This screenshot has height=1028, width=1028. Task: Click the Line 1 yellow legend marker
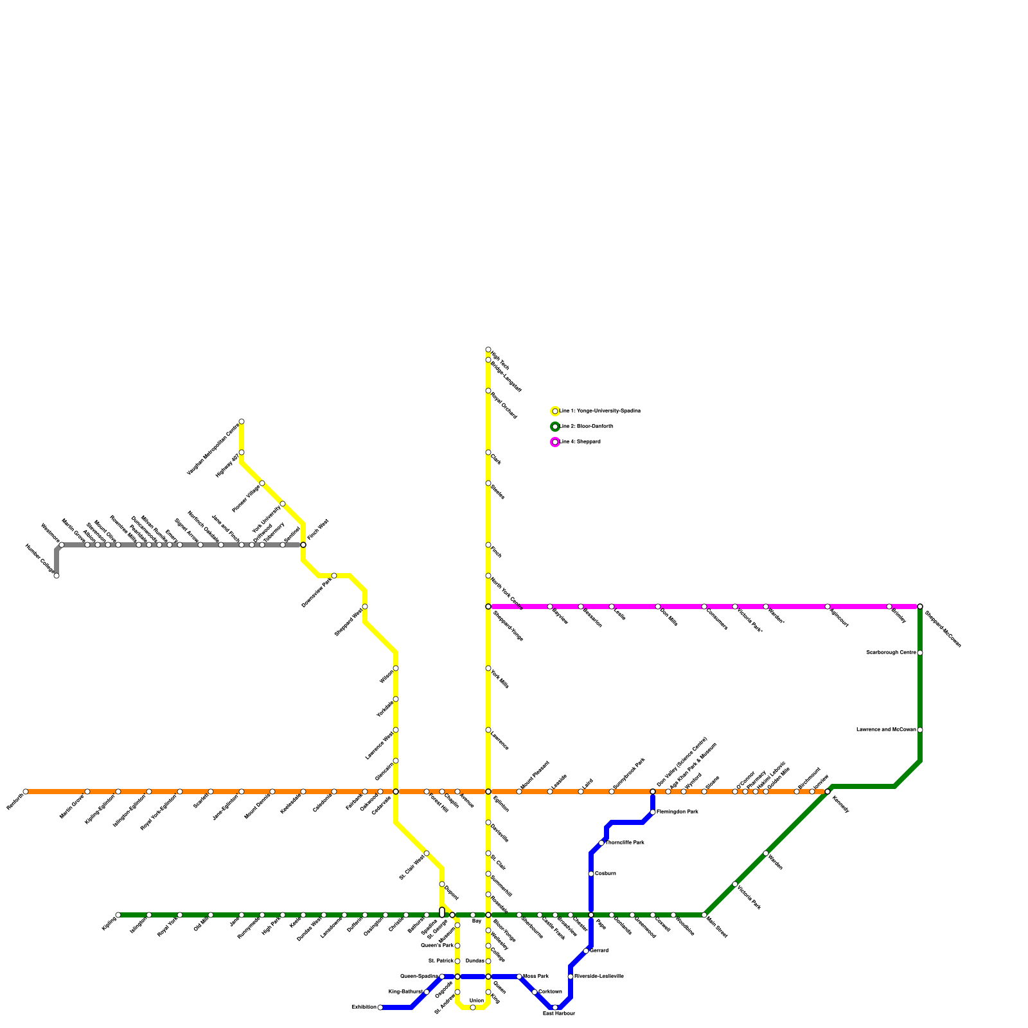coord(555,411)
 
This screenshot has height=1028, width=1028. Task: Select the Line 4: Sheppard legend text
coord(580,442)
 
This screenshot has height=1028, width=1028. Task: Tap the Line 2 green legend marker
coord(555,427)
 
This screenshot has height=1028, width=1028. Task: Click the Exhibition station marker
coord(380,1007)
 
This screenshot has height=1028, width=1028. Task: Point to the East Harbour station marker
coord(555,1007)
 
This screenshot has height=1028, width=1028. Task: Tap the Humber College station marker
coord(57,576)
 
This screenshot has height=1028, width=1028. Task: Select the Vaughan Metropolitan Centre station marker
coord(242,421)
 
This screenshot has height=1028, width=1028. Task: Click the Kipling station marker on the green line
coord(118,915)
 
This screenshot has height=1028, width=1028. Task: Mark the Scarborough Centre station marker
coord(920,653)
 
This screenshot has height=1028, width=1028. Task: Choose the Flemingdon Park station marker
coord(653,812)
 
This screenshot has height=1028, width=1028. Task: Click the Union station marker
coord(473,1007)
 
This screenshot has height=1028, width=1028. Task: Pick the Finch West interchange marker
coord(303,545)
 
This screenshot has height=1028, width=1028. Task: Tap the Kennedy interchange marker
coord(828,792)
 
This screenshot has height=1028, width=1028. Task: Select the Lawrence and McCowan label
coord(886,730)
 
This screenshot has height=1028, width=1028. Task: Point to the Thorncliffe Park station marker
coord(601,843)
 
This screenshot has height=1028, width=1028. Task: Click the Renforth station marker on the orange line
coord(26,792)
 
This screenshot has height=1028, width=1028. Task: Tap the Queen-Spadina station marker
coord(442,977)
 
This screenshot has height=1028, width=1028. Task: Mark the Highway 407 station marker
coord(242,452)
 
